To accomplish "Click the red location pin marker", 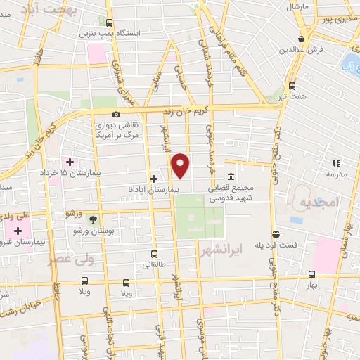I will [181, 165].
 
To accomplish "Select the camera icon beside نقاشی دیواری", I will [116, 115].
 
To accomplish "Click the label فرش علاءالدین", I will [302, 51].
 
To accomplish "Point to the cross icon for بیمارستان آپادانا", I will [153, 179].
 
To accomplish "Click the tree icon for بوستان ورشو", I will [93, 220].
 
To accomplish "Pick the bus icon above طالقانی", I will [154, 254].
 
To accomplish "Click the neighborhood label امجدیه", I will [319, 202].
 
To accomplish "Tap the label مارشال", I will [297, 6].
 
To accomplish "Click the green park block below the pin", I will [199, 216].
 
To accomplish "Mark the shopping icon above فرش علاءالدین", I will [302, 39].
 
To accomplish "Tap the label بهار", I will [322, 285].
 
